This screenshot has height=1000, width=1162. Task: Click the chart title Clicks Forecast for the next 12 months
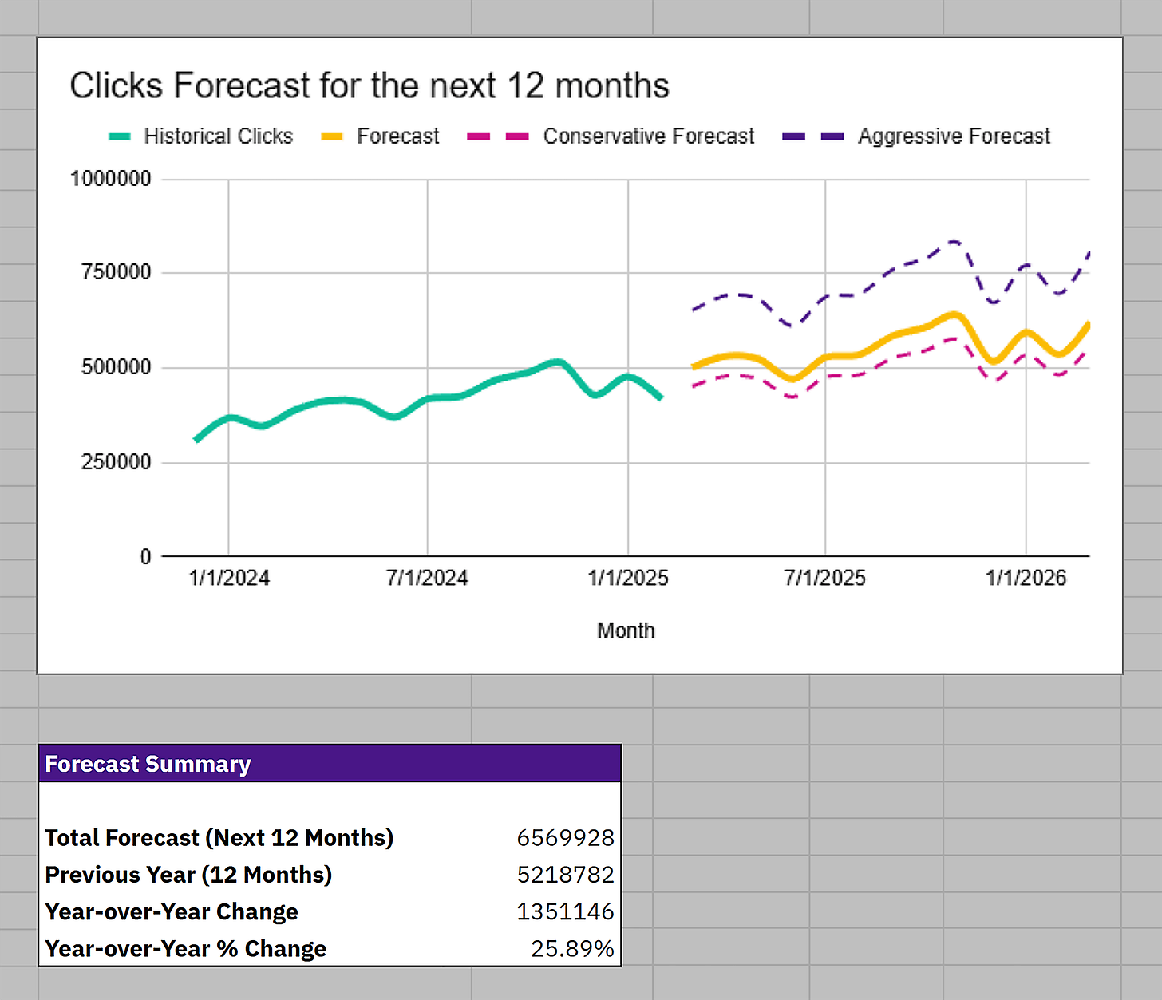tap(369, 85)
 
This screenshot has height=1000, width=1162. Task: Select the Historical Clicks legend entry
tap(217, 136)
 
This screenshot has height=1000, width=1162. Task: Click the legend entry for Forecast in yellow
tap(397, 136)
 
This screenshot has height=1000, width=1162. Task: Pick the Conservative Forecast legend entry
tap(648, 136)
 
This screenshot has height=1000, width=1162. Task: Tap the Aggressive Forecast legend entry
tap(954, 136)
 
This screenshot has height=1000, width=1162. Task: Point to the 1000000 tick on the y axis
tap(111, 179)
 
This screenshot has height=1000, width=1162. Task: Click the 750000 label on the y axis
tap(117, 272)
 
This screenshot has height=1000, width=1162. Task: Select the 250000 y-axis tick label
tap(117, 462)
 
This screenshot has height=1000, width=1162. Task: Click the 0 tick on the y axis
tap(145, 556)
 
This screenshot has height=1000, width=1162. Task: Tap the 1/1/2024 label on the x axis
tap(229, 578)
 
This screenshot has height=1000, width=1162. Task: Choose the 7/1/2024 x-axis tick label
tap(427, 578)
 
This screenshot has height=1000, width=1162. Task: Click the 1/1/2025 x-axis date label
tap(628, 578)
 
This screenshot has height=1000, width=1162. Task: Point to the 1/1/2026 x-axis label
tap(1026, 578)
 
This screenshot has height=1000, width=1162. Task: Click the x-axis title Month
tap(626, 630)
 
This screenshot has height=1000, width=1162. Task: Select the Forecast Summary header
tap(148, 764)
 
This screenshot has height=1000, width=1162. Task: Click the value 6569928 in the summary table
tap(565, 838)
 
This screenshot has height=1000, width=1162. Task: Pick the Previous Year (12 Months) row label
tap(188, 875)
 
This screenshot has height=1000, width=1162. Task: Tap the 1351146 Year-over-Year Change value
tap(565, 911)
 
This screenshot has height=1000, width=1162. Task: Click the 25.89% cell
tap(572, 948)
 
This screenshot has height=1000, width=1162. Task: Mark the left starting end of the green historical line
tap(196, 440)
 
